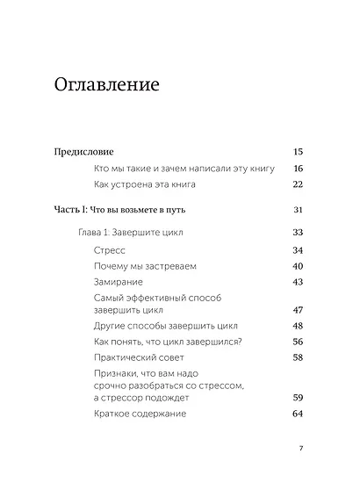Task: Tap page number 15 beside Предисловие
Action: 298,151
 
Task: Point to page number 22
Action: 298,184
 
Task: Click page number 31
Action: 298,211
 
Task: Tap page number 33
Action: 298,233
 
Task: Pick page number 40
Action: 298,266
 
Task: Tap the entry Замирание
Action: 117,282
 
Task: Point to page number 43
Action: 298,282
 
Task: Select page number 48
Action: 298,326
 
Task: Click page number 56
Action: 298,342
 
